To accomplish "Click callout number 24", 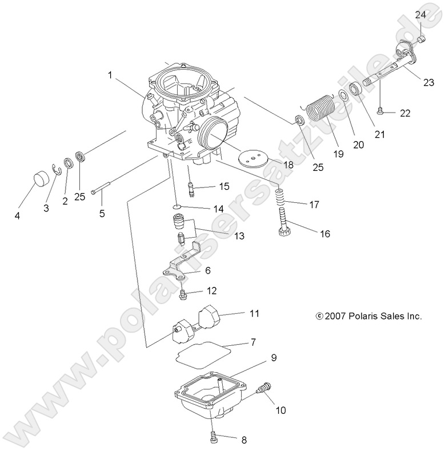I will pos(420,14).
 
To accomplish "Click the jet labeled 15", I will pos(192,186).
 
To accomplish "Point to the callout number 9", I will pos(274,358).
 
